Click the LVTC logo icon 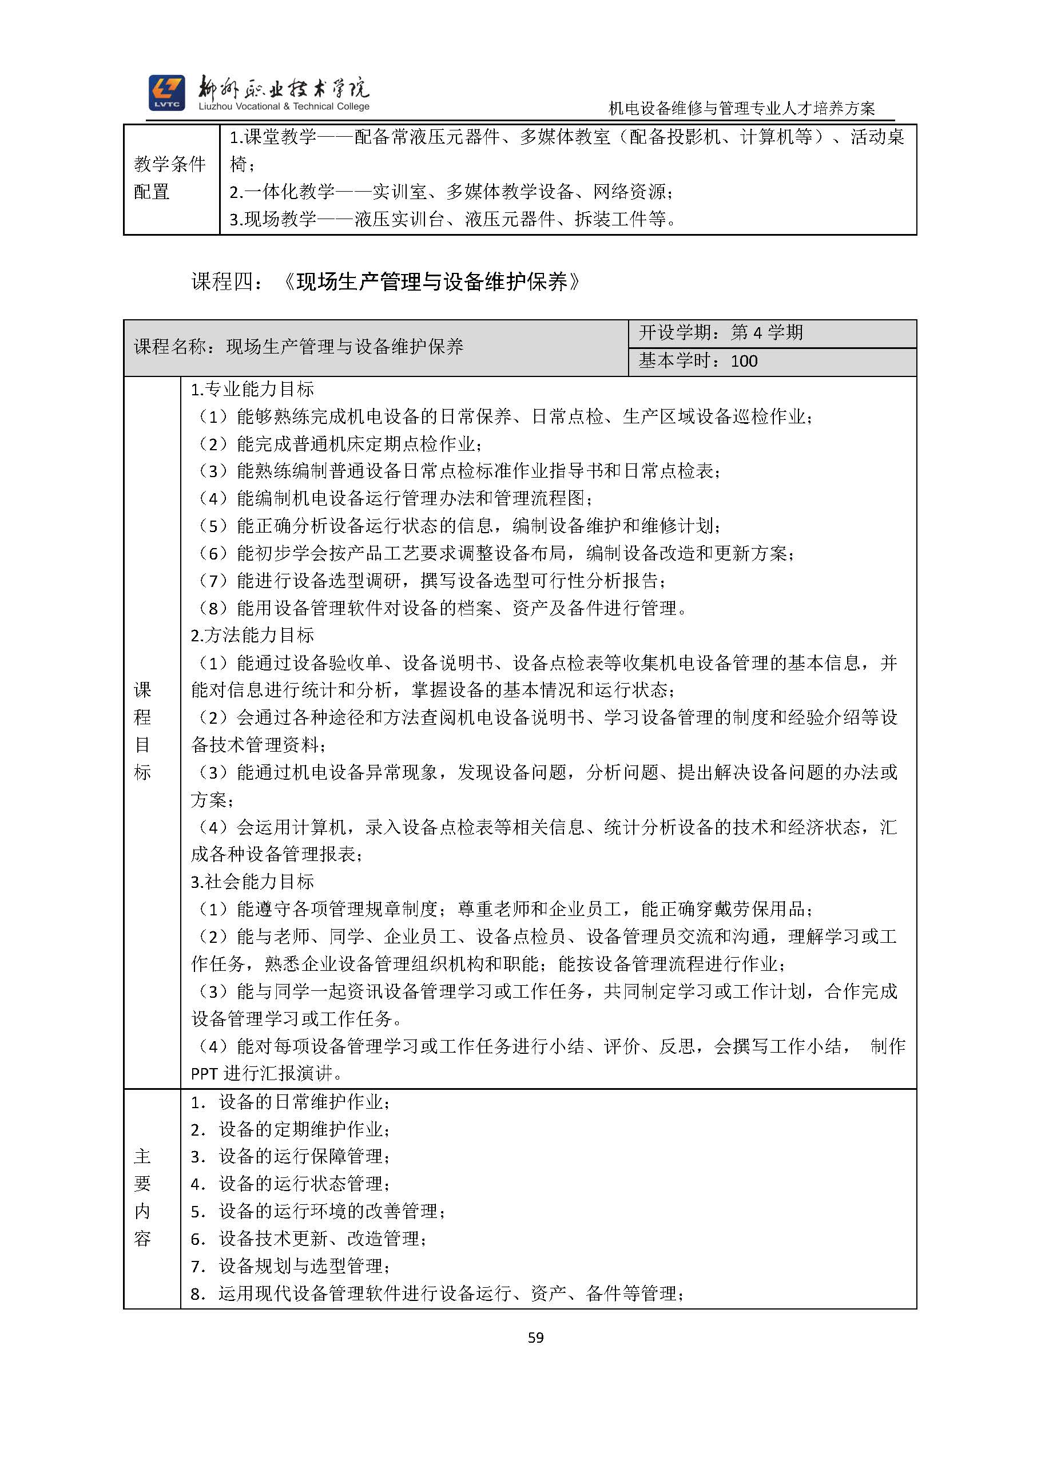[x=166, y=93]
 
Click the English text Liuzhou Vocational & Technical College [x=284, y=107]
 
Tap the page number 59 [x=536, y=1338]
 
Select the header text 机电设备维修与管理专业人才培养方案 [x=742, y=109]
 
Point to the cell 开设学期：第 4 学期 [x=721, y=333]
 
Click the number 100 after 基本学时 [x=744, y=362]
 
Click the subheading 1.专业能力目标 [x=253, y=389]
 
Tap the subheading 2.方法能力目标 [x=253, y=636]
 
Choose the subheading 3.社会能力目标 [x=253, y=882]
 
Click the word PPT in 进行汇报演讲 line [x=205, y=1074]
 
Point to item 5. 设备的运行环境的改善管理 [x=318, y=1212]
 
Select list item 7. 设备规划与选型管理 [x=291, y=1266]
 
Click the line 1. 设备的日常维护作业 [x=291, y=1102]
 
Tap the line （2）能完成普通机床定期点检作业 [x=340, y=443]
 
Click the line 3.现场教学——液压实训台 [x=453, y=219]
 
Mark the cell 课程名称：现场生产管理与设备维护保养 [x=299, y=347]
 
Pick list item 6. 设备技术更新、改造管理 [x=308, y=1239]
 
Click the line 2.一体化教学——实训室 [x=451, y=192]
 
